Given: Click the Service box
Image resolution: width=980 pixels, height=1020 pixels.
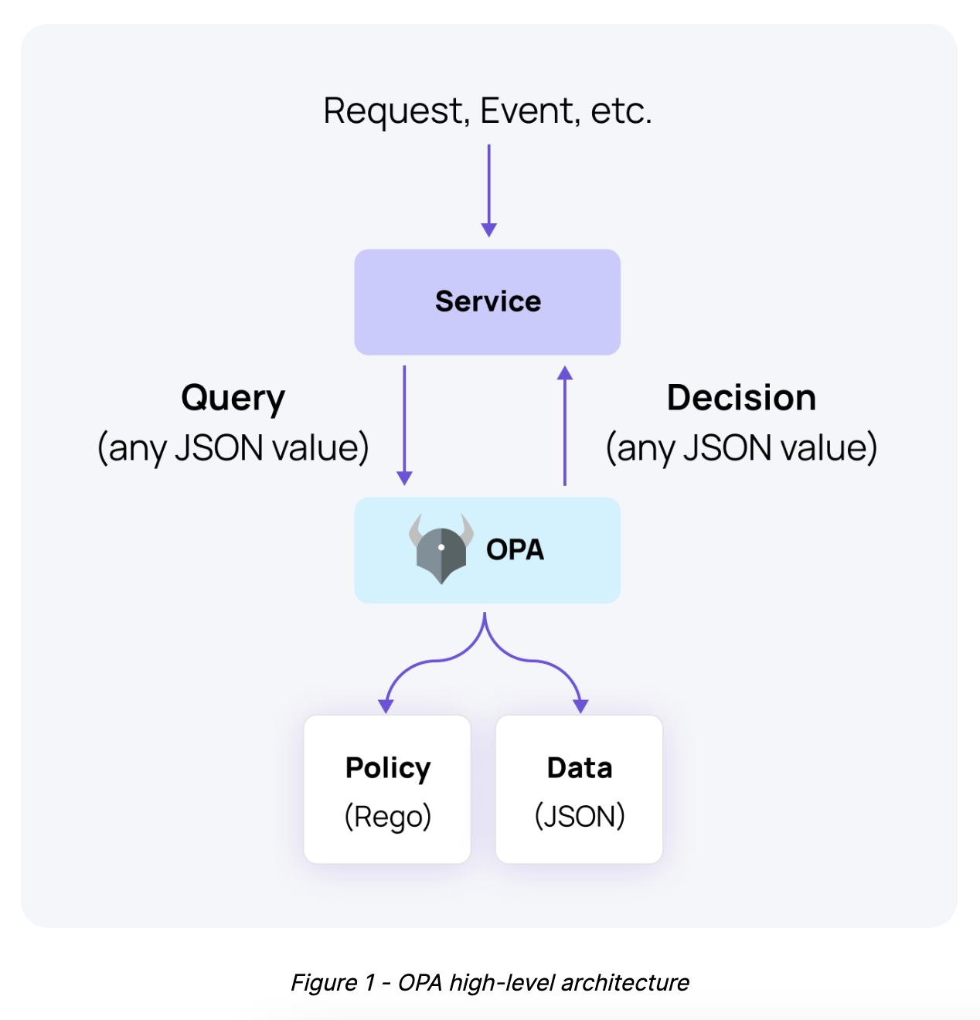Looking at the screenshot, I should click(x=487, y=302).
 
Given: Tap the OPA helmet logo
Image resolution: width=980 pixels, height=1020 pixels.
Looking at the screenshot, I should click(x=441, y=549).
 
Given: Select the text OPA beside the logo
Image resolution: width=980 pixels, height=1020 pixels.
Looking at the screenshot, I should click(x=515, y=549).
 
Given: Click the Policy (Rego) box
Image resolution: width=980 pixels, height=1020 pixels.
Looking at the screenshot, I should click(x=387, y=789).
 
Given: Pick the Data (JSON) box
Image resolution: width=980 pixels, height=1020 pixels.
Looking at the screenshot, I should click(x=579, y=789).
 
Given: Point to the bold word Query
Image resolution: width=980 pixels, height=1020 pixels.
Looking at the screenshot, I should click(x=233, y=399).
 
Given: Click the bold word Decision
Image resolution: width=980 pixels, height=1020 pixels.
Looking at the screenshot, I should click(x=741, y=398).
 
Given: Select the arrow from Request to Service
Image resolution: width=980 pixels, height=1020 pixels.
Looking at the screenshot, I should click(x=488, y=189).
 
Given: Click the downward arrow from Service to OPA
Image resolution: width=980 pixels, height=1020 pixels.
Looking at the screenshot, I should click(x=404, y=425).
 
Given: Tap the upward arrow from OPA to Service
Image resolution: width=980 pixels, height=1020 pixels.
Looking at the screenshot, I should click(x=565, y=425).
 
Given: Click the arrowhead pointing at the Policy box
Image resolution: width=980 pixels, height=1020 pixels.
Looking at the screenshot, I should click(x=386, y=705).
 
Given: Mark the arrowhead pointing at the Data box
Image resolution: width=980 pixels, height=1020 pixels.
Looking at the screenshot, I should click(x=580, y=705).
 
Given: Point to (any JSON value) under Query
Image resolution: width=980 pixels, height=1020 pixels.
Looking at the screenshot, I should click(x=233, y=448).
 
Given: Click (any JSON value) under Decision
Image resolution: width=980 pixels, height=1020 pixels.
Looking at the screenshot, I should click(x=741, y=448).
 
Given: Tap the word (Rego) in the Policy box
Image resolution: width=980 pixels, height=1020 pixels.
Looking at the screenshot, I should click(x=387, y=816).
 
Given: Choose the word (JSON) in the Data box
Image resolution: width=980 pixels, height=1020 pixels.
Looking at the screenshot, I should click(x=579, y=816).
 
